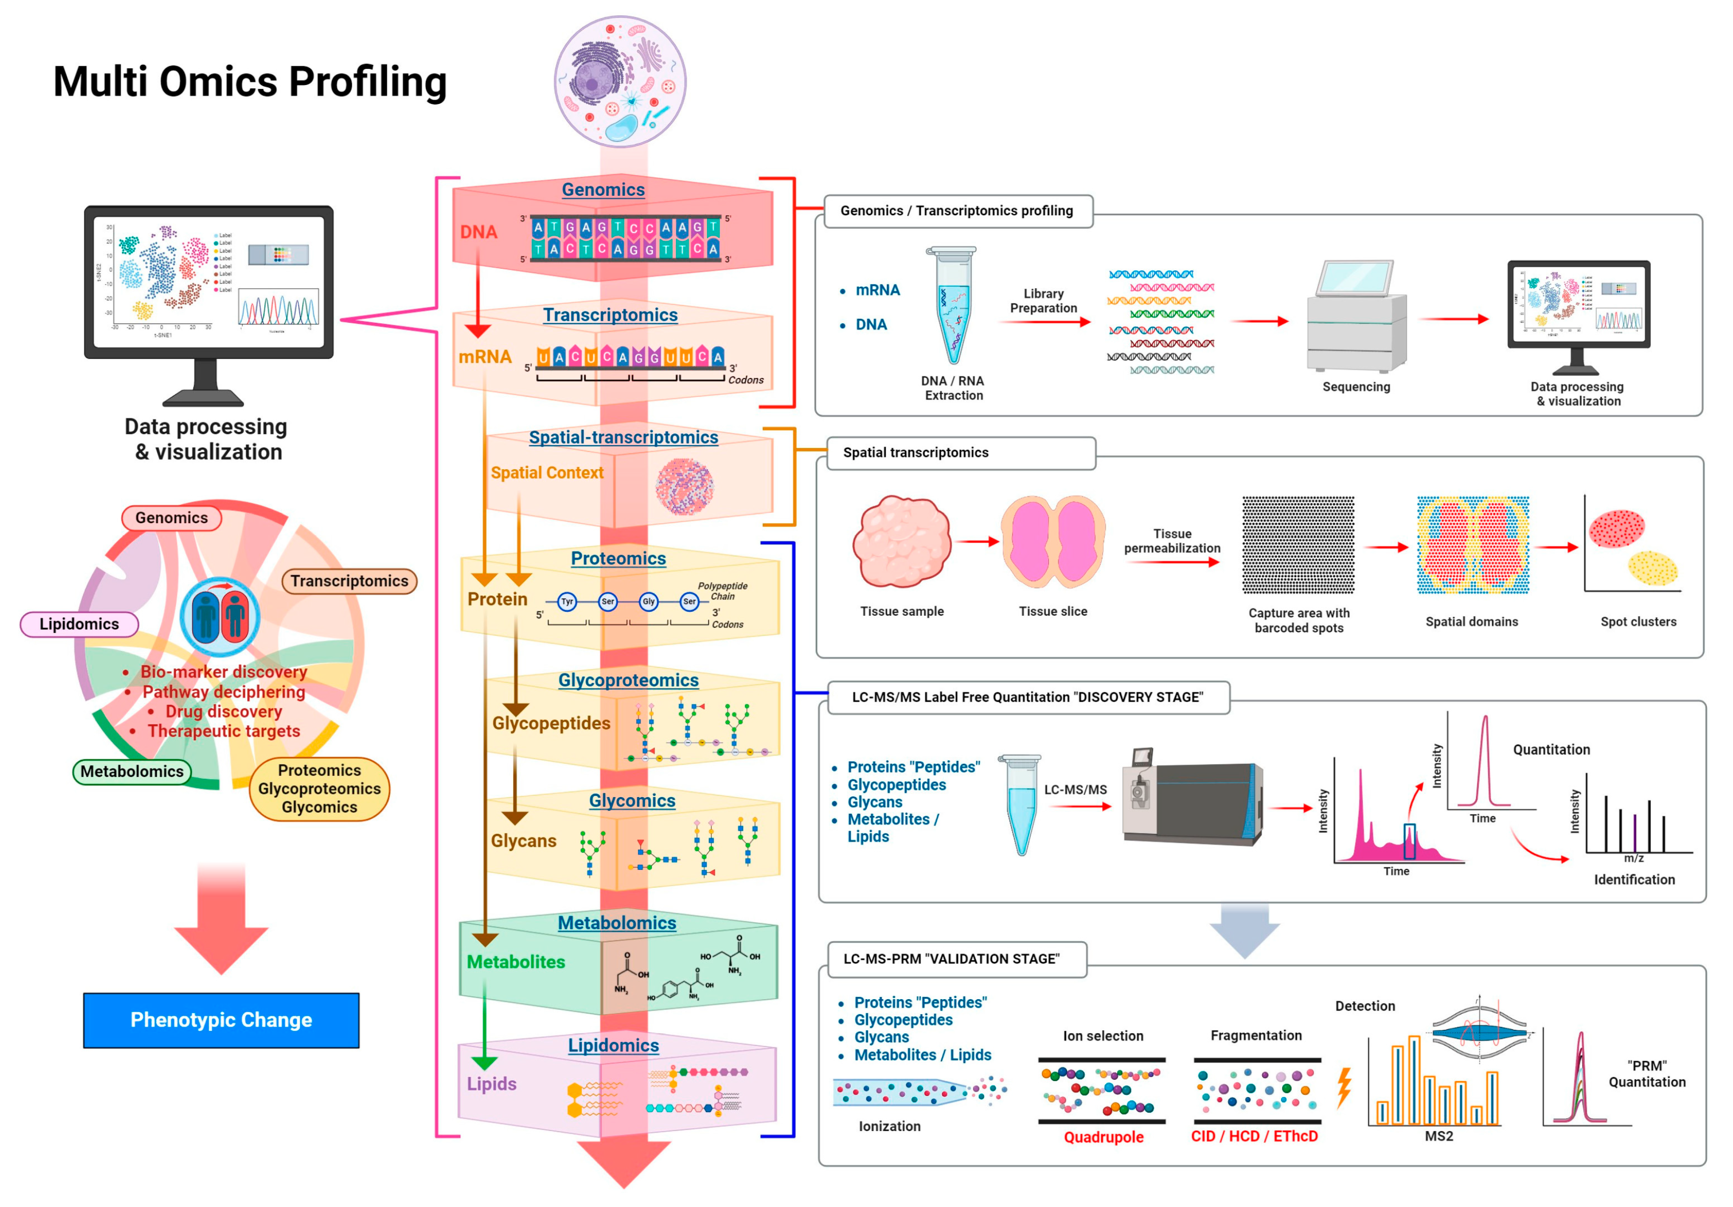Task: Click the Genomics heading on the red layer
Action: pos(603,189)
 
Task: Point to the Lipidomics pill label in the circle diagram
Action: pos(79,624)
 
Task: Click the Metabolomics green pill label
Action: pos(132,771)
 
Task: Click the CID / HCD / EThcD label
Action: pos(1254,1136)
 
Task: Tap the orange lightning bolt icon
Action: pos(1344,1087)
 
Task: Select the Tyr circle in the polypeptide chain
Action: pos(567,602)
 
